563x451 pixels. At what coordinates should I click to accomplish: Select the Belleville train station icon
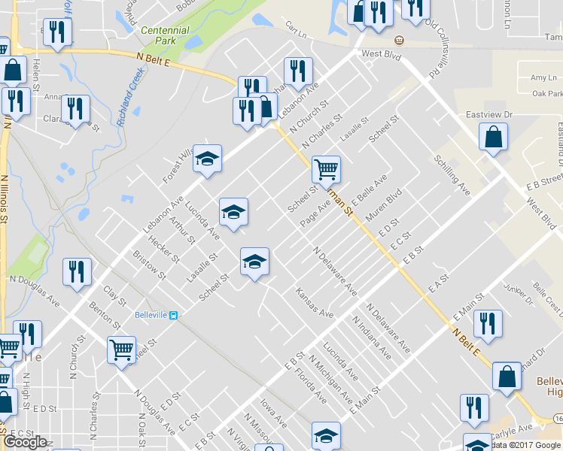coord(174,315)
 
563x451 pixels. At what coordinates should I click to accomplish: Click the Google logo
coord(25,442)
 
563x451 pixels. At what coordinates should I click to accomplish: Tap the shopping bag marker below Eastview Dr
coord(493,138)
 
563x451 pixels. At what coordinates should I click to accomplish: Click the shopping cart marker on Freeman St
coord(327,169)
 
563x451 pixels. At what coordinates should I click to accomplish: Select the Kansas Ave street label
coord(314,301)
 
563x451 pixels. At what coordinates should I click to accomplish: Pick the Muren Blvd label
coord(383,204)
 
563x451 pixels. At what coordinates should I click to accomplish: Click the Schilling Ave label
coord(452,176)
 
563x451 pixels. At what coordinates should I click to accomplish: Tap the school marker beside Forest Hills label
coord(208,159)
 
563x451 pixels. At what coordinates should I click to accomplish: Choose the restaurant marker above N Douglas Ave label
coord(77,271)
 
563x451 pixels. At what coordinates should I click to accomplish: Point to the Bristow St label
coord(149,266)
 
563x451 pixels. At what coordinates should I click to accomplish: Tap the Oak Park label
coord(546,93)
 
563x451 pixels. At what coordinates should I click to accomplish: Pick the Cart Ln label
coord(297,35)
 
